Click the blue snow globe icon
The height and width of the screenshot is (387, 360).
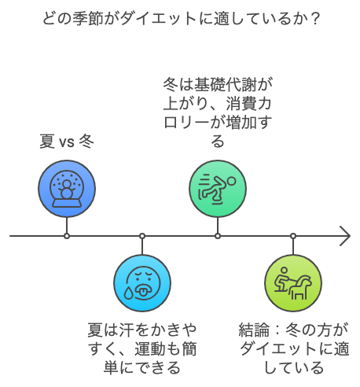[67, 189]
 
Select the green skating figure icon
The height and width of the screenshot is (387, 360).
[218, 189]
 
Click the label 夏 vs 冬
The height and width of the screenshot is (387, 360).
[67, 142]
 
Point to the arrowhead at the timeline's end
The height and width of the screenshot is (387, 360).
[345, 236]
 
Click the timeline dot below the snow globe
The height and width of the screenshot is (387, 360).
[67, 236]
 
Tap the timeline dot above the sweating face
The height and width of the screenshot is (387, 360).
[142, 236]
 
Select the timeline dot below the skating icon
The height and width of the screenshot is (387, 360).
[218, 236]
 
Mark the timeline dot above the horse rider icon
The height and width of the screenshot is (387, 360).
[293, 236]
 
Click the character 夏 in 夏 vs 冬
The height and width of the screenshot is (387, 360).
[47, 142]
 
